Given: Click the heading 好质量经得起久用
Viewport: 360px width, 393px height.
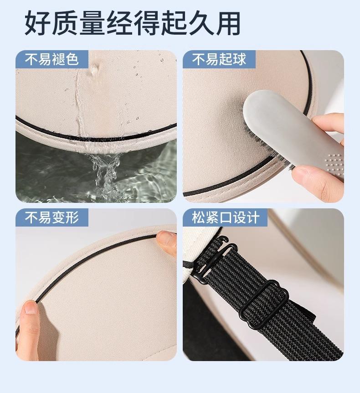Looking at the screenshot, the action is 133,24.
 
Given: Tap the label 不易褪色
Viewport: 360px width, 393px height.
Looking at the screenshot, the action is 51,60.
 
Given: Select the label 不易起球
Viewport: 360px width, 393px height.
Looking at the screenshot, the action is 219,60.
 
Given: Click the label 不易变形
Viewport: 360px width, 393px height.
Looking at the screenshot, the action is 51,217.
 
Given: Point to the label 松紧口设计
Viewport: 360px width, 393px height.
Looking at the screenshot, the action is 226,217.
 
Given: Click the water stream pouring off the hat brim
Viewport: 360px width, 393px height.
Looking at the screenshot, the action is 105,173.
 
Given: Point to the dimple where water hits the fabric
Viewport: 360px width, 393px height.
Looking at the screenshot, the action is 95,69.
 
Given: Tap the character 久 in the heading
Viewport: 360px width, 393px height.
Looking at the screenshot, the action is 201,24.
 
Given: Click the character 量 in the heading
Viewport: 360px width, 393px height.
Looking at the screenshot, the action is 92,24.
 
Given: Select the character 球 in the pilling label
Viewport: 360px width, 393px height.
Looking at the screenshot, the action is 240,60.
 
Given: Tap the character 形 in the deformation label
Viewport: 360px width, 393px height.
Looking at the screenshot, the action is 72,217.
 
